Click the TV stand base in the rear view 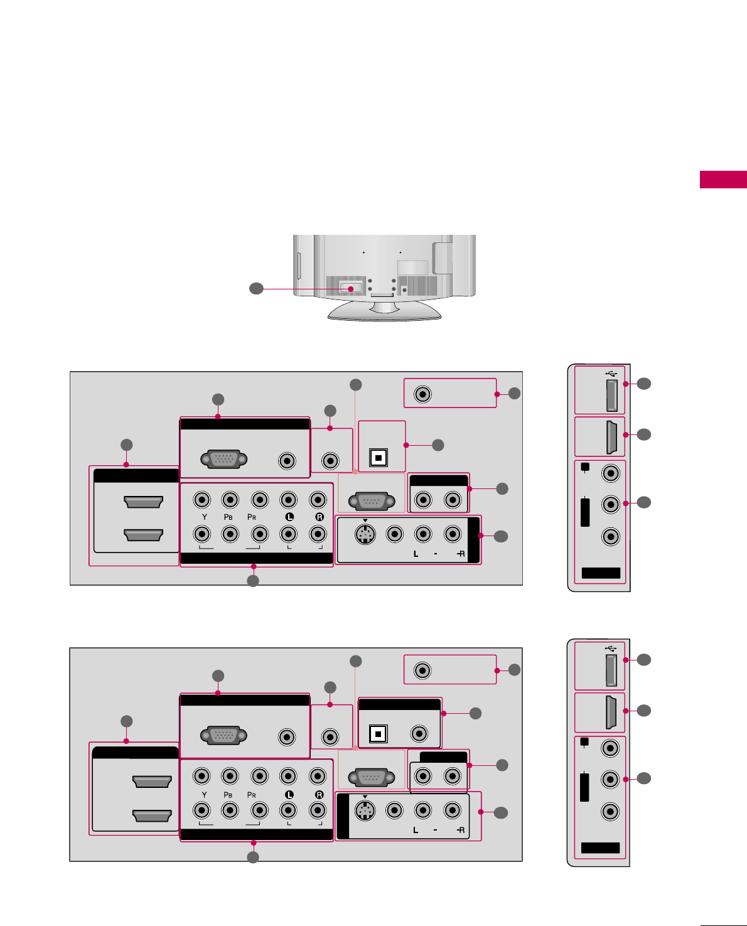pyautogui.click(x=384, y=311)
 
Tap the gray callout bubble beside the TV pyautogui.click(x=255, y=289)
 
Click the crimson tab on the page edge pyautogui.click(x=723, y=180)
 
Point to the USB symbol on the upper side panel pyautogui.click(x=611, y=373)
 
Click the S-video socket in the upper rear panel pyautogui.click(x=365, y=534)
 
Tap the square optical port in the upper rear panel pyautogui.click(x=378, y=457)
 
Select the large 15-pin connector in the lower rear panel pyautogui.click(x=223, y=736)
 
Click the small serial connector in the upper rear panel pyautogui.click(x=372, y=502)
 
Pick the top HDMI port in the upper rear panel pyautogui.click(x=143, y=502)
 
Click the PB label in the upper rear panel pyautogui.click(x=228, y=517)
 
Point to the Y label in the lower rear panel pyautogui.click(x=204, y=795)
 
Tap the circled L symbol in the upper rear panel pyautogui.click(x=289, y=517)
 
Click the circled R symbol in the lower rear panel pyautogui.click(x=319, y=795)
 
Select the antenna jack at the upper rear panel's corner pyautogui.click(x=423, y=394)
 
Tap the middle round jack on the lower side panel pyautogui.click(x=610, y=779)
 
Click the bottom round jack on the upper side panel pyautogui.click(x=611, y=537)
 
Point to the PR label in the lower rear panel pyautogui.click(x=252, y=795)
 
